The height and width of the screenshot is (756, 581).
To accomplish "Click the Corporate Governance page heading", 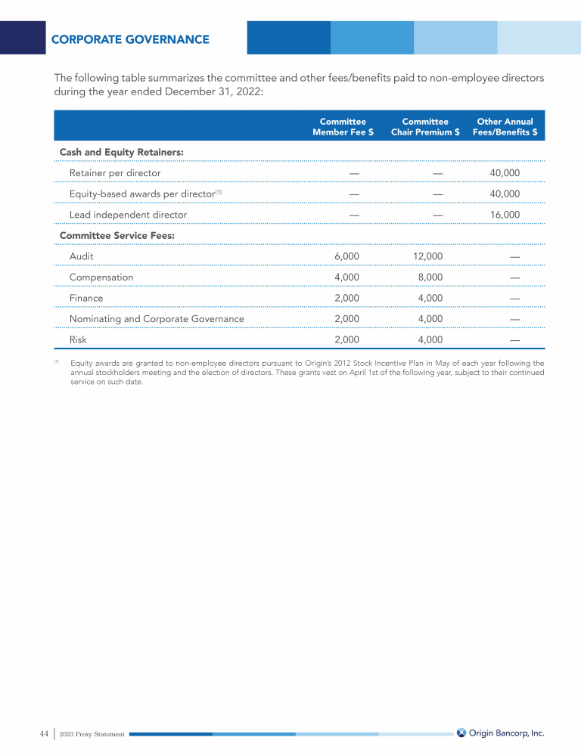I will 130,39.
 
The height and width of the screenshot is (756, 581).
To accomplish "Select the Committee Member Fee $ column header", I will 343,126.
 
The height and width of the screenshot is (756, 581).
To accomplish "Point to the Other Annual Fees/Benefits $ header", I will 505,126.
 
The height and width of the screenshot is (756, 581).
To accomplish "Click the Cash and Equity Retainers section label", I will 122,153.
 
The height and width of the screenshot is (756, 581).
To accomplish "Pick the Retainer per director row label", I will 115,173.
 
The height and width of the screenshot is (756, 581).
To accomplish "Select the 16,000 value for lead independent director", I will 505,215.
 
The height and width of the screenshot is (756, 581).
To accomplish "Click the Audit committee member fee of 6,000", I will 346,256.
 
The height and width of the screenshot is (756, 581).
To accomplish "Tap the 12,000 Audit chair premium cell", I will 428,256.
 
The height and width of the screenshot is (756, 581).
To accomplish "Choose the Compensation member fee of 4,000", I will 346,277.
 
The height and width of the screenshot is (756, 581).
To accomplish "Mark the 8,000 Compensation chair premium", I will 430,277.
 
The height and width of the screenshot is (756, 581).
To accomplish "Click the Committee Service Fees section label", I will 117,236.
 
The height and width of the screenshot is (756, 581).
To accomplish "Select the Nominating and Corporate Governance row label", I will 157,319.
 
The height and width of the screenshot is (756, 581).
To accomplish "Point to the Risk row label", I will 78,339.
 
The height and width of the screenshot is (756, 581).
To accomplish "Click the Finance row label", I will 86,298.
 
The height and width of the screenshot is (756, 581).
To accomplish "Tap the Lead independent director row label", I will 128,215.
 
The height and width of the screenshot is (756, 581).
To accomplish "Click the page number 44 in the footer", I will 44,733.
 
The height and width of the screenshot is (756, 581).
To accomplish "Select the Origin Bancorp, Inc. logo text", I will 506,733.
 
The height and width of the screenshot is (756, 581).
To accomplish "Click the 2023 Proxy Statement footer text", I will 92,734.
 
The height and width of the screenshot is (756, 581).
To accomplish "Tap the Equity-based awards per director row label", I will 143,194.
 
